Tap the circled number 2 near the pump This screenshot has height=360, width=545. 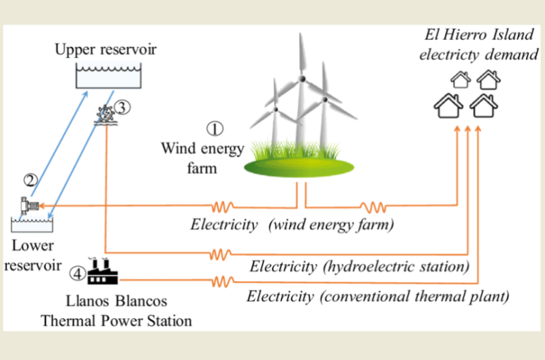[x=29, y=181]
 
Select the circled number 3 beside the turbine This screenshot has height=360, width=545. [x=121, y=107]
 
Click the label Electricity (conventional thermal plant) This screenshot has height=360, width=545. [x=378, y=297]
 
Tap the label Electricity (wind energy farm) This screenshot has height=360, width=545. [x=293, y=224]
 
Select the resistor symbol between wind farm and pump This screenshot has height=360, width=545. [x=222, y=205]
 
